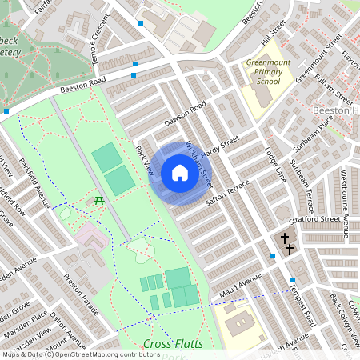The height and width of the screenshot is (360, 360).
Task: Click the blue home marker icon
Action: coord(180,173)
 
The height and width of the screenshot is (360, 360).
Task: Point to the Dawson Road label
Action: coord(186,114)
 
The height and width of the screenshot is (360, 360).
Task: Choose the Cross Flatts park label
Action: coord(173,344)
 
